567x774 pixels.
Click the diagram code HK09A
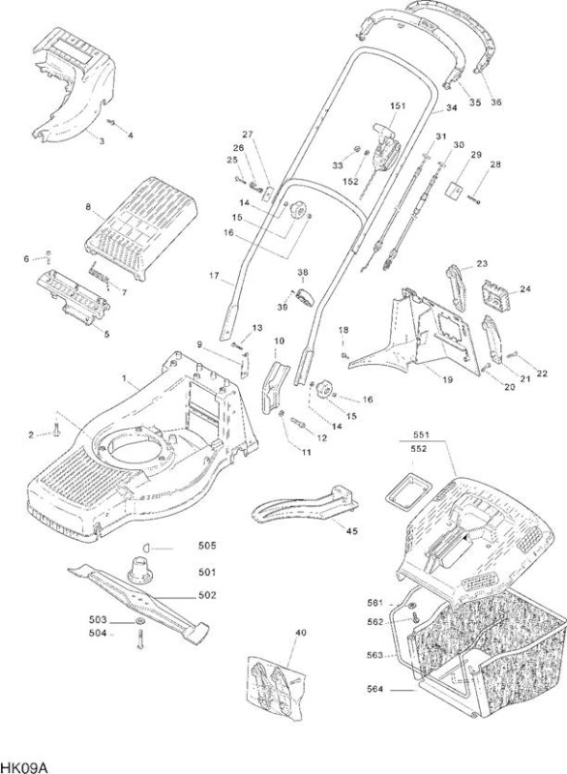point(23,766)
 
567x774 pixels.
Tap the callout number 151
point(398,105)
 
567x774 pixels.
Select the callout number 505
point(207,546)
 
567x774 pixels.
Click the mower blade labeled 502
point(138,601)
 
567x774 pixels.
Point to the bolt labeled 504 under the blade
point(139,640)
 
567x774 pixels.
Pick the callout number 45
point(352,531)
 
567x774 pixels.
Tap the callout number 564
point(375,689)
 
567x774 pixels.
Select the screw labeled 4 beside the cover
point(113,123)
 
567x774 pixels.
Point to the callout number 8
point(88,207)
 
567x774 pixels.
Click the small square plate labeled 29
point(455,190)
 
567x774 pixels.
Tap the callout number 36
point(496,103)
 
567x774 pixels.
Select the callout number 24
point(525,288)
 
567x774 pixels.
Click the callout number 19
point(448,379)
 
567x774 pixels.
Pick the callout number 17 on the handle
point(214,276)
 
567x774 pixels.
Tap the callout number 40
point(301,634)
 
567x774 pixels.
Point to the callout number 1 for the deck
point(125,378)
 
